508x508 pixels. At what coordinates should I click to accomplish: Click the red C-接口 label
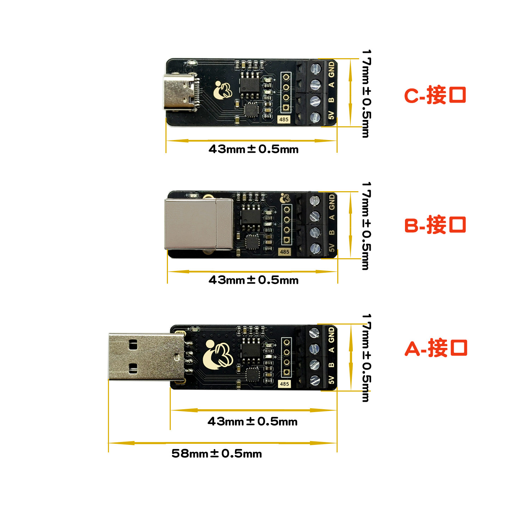[x=435, y=95]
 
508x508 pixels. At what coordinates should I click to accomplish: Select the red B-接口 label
[x=435, y=225]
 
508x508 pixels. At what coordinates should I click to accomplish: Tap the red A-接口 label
[x=436, y=348]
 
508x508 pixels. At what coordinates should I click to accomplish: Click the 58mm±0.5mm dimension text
[x=217, y=453]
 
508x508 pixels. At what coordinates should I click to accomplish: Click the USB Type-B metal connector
[x=198, y=224]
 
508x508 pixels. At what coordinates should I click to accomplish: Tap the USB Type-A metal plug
[x=146, y=357]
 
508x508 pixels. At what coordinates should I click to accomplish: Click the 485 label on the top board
[x=284, y=120]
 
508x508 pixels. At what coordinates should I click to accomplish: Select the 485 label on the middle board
[x=284, y=252]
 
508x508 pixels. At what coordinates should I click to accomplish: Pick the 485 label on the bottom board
[x=284, y=384]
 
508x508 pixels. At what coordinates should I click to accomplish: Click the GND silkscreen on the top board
[x=331, y=69]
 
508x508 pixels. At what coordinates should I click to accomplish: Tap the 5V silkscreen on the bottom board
[x=331, y=380]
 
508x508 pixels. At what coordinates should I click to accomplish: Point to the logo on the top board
[x=223, y=90]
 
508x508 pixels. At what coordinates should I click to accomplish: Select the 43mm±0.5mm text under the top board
[x=253, y=149]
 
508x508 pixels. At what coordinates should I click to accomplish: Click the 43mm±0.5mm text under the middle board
[x=253, y=280]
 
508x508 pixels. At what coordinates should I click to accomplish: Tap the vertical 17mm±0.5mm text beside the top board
[x=367, y=93]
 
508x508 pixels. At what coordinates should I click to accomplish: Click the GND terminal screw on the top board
[x=315, y=68]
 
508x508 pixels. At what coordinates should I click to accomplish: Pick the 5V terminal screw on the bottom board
[x=314, y=380]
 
